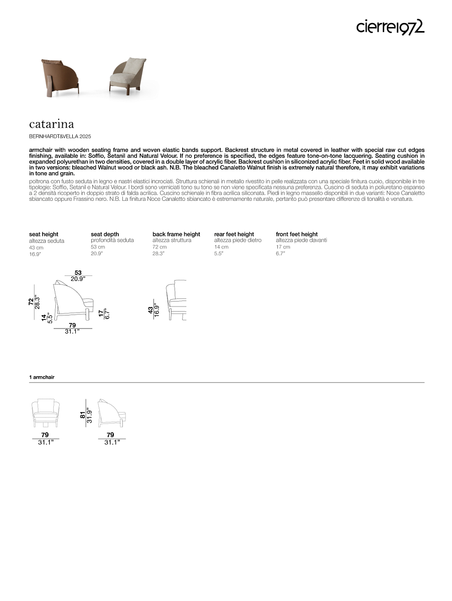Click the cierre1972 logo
[x=390, y=27]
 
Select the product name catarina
[x=51, y=124]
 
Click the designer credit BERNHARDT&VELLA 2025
[x=60, y=136]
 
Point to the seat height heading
[x=44, y=234]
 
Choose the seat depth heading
[x=105, y=234]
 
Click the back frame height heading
[x=176, y=234]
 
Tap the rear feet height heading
[x=234, y=234]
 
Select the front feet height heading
[x=296, y=234]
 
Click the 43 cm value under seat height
[x=36, y=247]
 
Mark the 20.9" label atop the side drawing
[x=78, y=279]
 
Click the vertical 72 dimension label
[x=31, y=302]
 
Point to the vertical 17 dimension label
[x=101, y=314]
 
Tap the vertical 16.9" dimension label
[x=157, y=311]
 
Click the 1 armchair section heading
[x=42, y=377]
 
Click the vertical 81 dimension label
[x=83, y=415]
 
